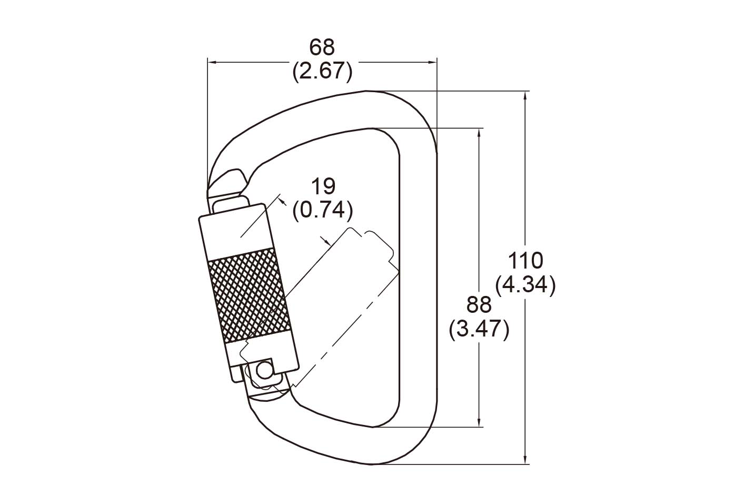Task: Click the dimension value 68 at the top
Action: pos(322,47)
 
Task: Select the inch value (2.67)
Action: pos(322,71)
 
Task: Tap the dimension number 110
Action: pos(526,261)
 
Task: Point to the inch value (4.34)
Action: pos(526,285)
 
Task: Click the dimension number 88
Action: pos(479,305)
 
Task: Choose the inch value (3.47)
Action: pos(479,330)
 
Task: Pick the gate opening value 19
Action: pos(323,186)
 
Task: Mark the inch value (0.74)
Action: pos(323,211)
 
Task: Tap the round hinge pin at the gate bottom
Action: pos(264,371)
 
